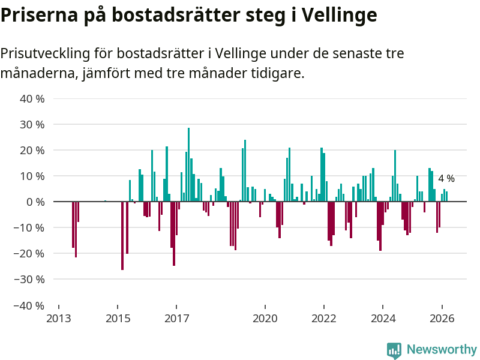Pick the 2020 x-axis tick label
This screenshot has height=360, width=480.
265,319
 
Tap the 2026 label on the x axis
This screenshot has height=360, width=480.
442,319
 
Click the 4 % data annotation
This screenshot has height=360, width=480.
446,179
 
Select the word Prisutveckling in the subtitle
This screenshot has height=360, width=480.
45,53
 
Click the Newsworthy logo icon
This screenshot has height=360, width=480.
394,350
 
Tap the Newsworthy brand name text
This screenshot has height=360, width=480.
442,350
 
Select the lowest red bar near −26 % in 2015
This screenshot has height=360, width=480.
122,236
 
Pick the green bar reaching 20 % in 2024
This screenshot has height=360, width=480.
395,176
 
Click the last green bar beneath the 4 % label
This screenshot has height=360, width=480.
446,197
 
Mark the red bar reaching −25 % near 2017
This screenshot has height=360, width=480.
174,233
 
